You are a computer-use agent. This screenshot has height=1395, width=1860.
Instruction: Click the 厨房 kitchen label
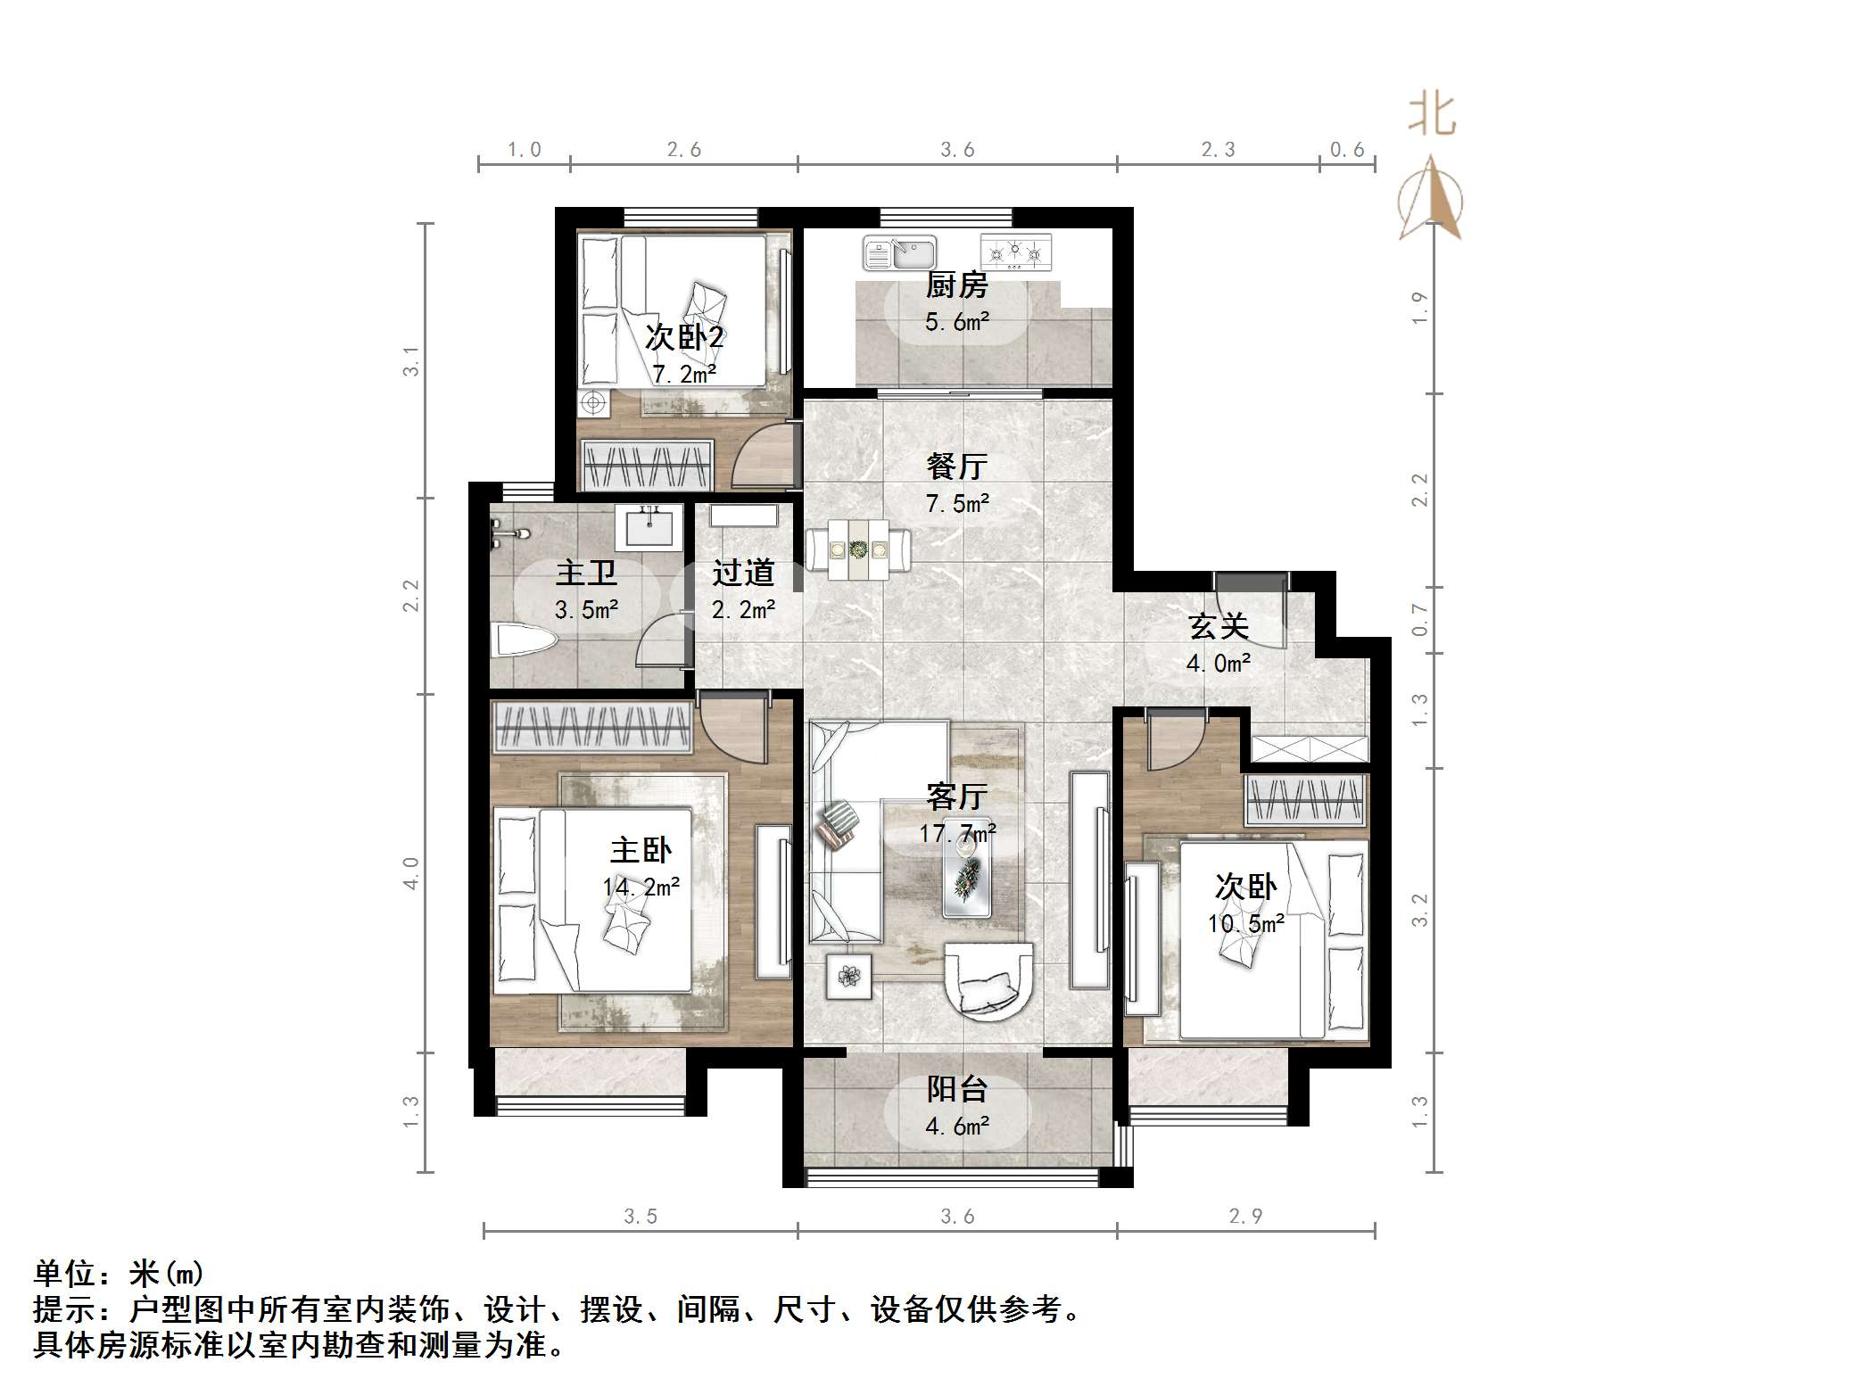point(956,285)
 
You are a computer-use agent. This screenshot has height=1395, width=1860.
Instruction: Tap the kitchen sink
point(899,253)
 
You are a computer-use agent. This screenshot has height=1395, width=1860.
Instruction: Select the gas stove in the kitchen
point(1016,252)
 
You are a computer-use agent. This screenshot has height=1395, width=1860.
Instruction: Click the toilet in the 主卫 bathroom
point(525,640)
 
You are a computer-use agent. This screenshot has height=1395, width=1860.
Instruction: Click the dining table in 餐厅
point(858,549)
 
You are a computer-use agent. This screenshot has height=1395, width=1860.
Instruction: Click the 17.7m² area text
point(957,834)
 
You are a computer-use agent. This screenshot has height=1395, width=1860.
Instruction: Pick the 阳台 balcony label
point(956,1088)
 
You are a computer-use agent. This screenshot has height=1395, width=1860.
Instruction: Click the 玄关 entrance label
point(1218,626)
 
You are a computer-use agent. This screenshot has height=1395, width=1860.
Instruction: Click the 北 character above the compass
point(1432,116)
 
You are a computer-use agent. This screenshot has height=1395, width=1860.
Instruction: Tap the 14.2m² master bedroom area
point(641,887)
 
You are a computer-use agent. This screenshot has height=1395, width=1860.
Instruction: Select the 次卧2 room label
point(684,337)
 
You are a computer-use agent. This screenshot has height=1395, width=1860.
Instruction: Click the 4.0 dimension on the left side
point(410,872)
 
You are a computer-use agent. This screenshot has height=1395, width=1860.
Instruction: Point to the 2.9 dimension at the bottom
point(1245,1216)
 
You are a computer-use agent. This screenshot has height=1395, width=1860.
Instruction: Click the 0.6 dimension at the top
point(1347,150)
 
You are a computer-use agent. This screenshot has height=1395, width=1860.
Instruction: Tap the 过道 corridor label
point(743,573)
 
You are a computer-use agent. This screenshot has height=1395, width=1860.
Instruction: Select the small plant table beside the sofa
point(848,976)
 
